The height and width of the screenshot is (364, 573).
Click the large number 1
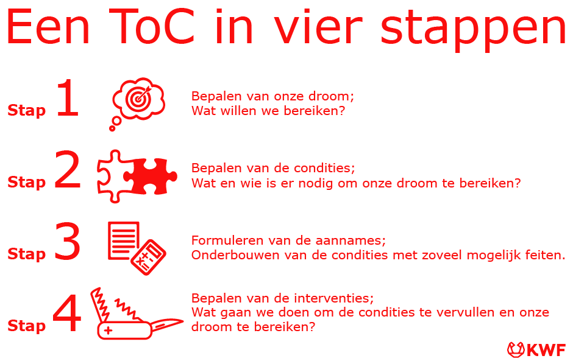tap(68, 98)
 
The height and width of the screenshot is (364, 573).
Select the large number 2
tap(68, 170)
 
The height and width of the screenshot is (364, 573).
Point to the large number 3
tap(68, 242)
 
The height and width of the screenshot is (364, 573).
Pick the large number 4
tap(67, 313)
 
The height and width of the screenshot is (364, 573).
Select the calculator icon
tap(148, 257)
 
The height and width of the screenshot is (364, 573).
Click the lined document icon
tap(124, 241)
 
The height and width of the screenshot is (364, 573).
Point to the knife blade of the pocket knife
tap(166, 324)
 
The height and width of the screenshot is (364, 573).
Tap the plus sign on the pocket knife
tap(108, 331)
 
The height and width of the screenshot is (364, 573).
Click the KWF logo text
tap(546, 350)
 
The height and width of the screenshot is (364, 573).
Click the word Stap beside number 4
tap(27, 326)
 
